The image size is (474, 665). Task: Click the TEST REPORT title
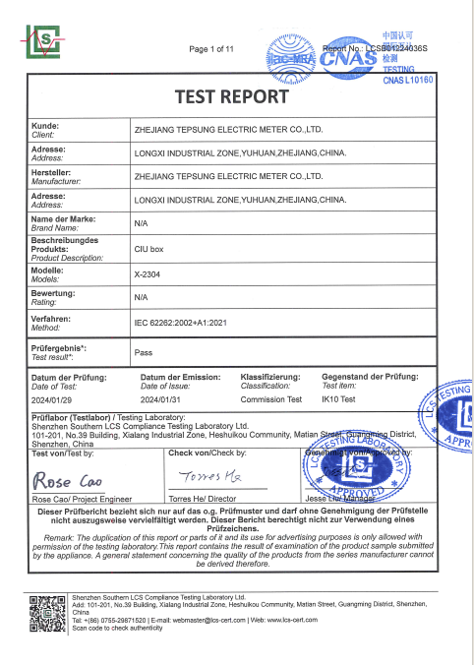point(231,96)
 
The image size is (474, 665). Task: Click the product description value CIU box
point(148,250)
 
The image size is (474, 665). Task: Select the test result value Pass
point(143,351)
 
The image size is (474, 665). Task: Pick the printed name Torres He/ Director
point(204,499)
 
